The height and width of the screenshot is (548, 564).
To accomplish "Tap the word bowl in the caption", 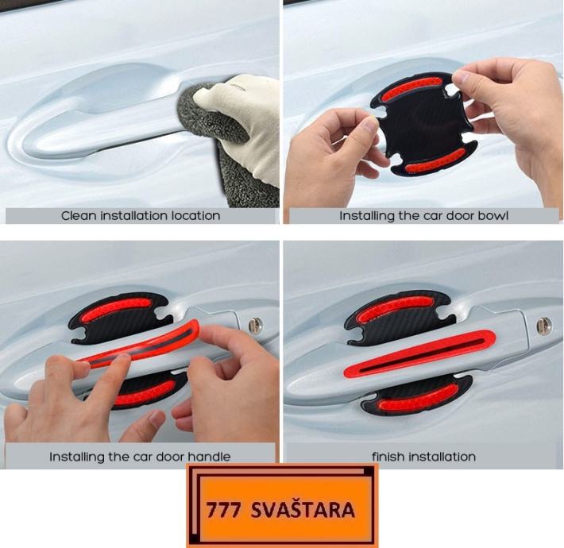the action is coord(493,216).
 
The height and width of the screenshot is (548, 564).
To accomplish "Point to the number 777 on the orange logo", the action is coord(223,510).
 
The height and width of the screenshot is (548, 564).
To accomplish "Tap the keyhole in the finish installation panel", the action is coord(543,326).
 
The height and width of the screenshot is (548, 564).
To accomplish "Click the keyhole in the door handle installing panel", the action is coord(255,326).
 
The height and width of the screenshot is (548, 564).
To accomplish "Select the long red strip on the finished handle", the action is coord(419,354).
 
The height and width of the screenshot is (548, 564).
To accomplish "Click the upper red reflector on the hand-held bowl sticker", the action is coord(411,87).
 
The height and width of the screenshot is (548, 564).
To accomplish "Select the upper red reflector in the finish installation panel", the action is coord(395,308).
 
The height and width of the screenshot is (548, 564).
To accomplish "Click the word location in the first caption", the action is coord(195,216).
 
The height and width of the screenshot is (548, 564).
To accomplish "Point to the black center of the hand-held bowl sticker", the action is coord(424,124).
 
